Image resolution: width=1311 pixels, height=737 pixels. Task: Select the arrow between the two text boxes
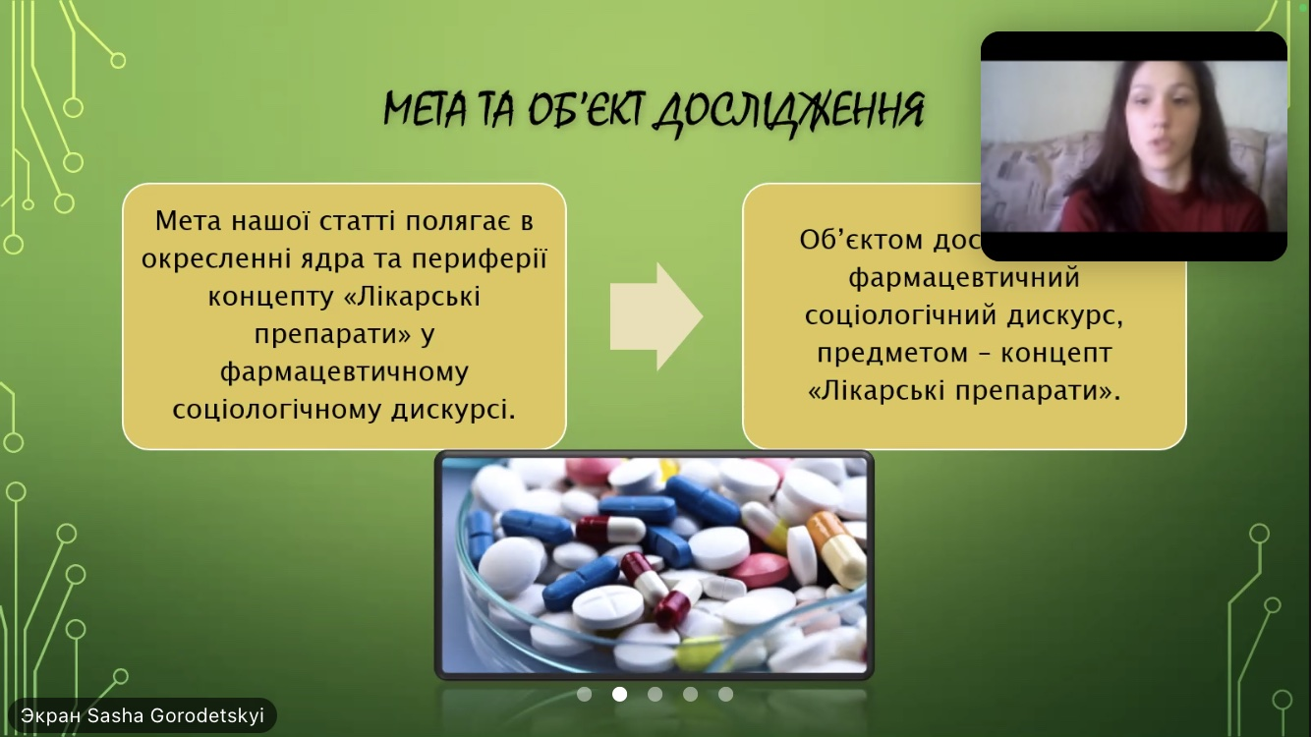coord(655,316)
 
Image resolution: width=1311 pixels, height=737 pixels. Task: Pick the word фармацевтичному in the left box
coord(344,372)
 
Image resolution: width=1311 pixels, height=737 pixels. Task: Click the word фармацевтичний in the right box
coord(964,278)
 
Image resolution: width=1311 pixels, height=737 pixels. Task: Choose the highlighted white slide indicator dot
coord(620,694)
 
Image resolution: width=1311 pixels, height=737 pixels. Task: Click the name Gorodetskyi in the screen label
coord(207,716)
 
